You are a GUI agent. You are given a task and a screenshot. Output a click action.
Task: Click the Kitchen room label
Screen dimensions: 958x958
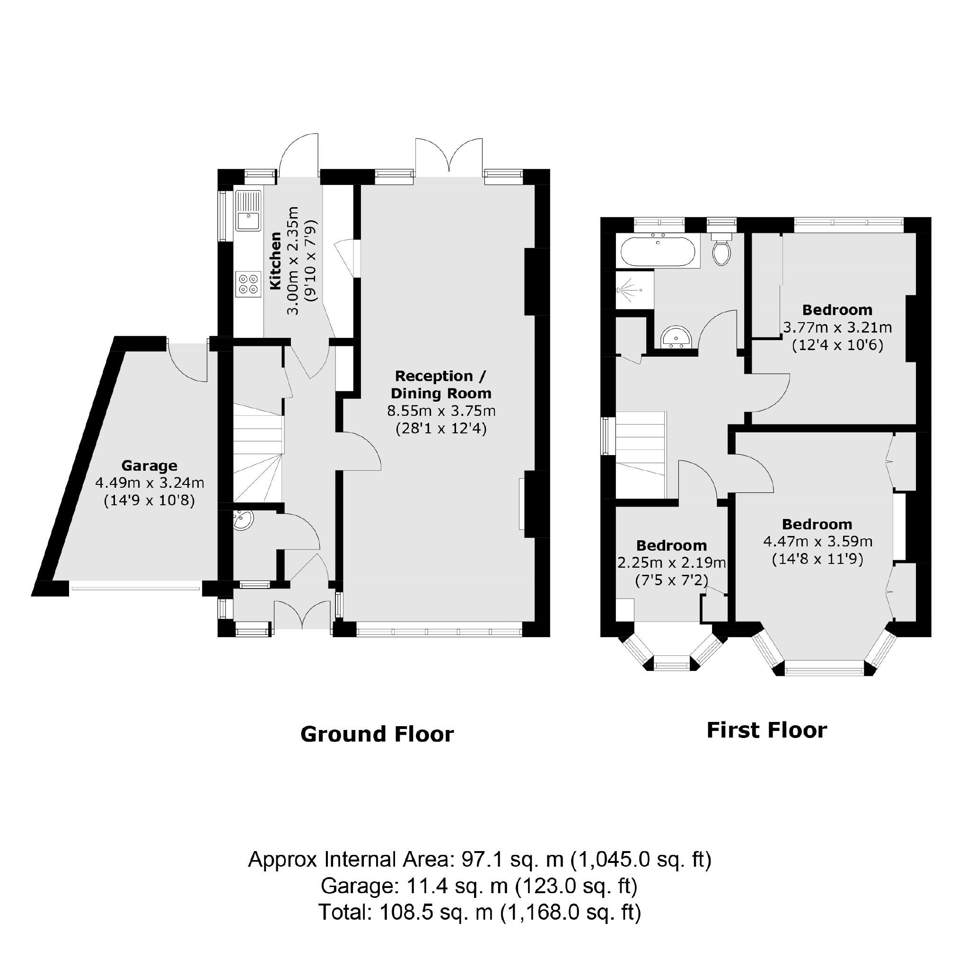[x=275, y=261]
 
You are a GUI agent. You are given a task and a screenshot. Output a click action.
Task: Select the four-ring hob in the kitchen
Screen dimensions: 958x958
[x=248, y=284]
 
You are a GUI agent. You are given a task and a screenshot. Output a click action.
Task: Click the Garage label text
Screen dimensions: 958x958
[x=149, y=466]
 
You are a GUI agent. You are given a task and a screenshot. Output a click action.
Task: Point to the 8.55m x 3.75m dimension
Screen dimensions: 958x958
[x=441, y=411]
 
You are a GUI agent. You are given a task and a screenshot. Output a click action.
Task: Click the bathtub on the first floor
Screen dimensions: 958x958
[x=658, y=252]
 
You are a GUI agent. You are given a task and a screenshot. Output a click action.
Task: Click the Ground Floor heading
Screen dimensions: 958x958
[x=377, y=734]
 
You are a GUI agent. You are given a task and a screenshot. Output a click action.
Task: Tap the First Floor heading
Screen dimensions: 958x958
[x=766, y=730]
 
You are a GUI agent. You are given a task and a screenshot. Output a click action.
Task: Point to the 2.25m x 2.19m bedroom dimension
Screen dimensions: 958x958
[x=671, y=563]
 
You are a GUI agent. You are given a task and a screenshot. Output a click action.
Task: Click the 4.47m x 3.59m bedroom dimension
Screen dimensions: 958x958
[x=817, y=542]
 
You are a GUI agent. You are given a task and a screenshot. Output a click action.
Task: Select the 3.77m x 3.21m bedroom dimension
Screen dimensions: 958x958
[x=837, y=327]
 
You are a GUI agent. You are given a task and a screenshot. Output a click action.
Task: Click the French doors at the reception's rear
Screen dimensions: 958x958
[x=449, y=156]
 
